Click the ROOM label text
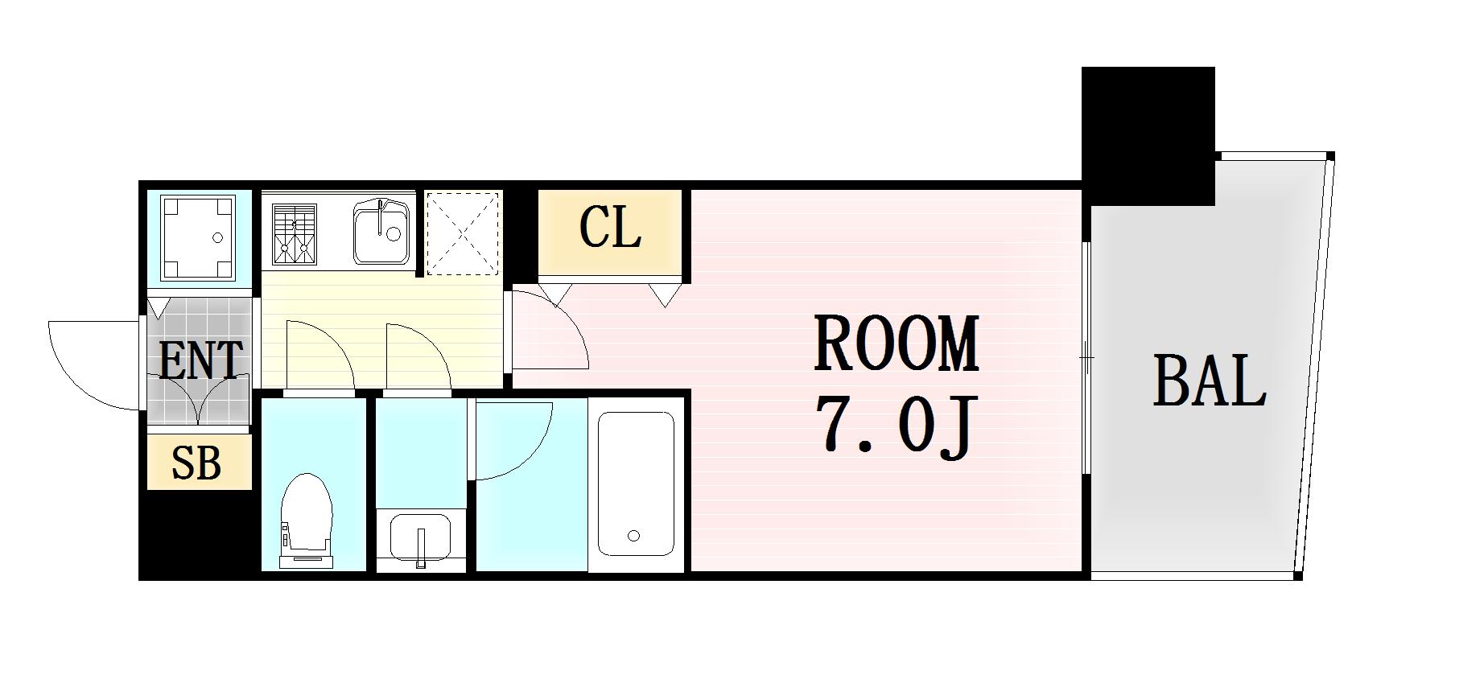(897, 344)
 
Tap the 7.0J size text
(897, 426)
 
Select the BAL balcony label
(1210, 381)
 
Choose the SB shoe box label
(197, 463)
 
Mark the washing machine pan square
(199, 237)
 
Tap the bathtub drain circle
(633, 535)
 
